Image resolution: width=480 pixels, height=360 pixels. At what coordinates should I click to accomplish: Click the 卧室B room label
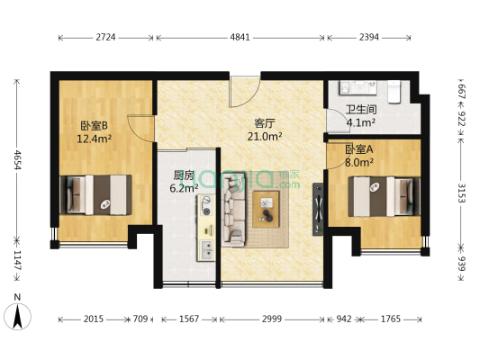coord(93,126)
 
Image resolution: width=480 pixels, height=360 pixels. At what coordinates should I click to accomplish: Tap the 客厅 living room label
coord(264,123)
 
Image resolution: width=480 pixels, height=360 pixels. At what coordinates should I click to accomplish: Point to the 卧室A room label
coord(360,148)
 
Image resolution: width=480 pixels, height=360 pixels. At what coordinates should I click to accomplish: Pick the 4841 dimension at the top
coord(240,38)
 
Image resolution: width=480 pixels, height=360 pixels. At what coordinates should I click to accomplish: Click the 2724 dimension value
coord(106,38)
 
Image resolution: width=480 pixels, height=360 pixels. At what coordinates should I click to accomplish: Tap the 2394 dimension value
coord(370,38)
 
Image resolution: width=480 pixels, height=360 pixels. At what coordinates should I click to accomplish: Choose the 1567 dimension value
coord(187,319)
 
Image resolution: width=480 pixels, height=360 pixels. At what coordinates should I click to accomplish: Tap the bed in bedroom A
coord(384,195)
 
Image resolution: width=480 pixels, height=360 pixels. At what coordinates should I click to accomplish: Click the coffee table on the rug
coord(267,204)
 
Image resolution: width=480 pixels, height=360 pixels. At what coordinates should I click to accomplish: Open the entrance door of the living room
coord(245,90)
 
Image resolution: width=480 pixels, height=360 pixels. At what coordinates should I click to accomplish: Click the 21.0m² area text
coord(264,137)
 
